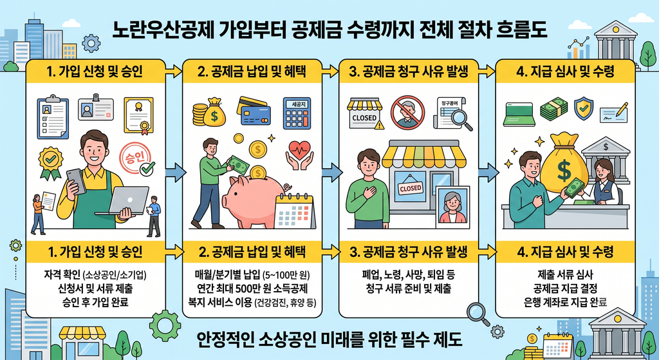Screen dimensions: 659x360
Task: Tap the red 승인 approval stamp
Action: (135, 158)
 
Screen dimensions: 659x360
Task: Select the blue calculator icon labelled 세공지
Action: (297, 113)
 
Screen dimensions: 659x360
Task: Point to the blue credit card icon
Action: (254, 111)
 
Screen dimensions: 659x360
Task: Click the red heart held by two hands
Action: (300, 149)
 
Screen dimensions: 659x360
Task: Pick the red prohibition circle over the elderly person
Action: (407, 112)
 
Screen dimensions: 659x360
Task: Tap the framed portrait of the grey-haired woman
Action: (452, 207)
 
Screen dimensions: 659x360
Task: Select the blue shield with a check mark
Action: (583, 108)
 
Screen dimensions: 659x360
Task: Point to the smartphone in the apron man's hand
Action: (77, 181)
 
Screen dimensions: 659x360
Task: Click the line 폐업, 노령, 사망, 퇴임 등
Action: (408, 276)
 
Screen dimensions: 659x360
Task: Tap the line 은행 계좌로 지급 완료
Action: (565, 302)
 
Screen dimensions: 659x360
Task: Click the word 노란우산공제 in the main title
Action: (167, 31)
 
